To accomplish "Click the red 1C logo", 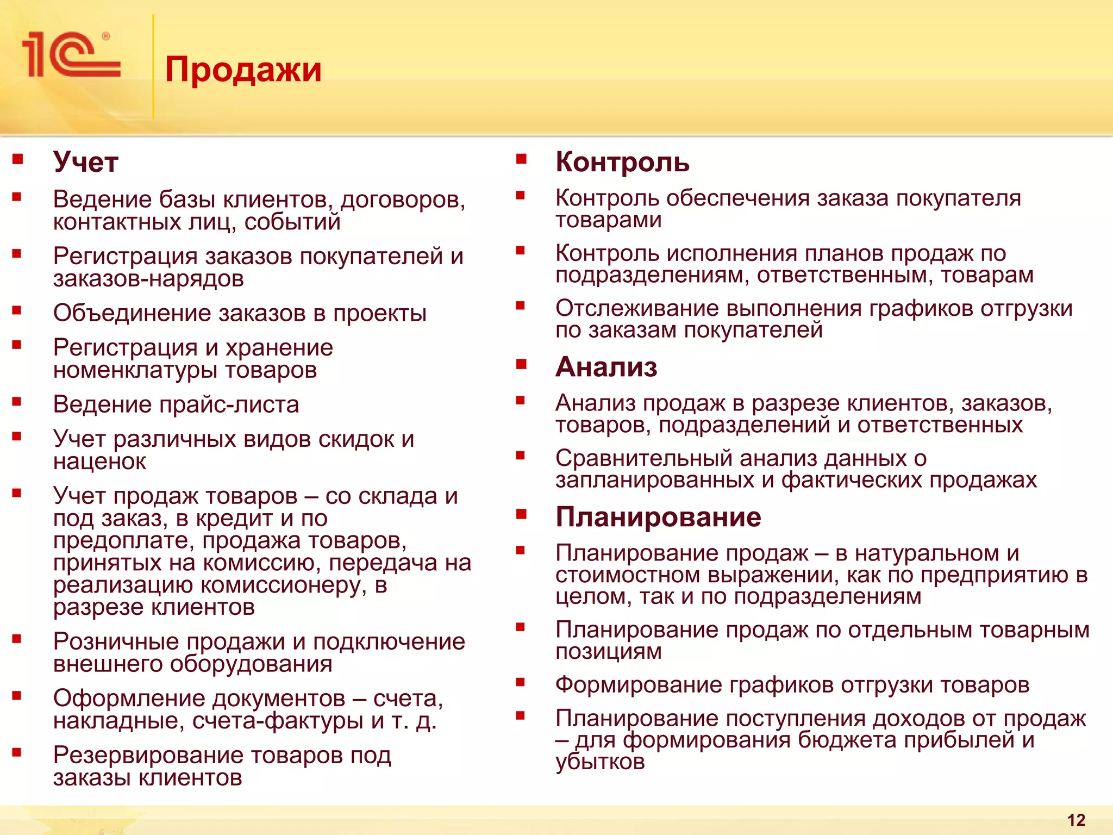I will point(71,54).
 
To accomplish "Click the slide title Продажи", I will point(243,70).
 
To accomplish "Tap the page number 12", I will point(1076,820).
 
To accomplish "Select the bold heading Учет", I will point(86,162).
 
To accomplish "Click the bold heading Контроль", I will point(622,162).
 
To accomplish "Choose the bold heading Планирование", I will point(658,516).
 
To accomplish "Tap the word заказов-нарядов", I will point(148,279).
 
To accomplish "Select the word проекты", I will point(380,313).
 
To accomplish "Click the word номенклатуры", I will point(136,370).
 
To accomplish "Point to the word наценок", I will point(99,462).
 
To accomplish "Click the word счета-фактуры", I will point(278,721).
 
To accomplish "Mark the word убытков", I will point(600,762).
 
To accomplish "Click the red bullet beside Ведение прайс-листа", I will point(17,402).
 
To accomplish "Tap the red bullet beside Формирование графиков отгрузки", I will point(521,682).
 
